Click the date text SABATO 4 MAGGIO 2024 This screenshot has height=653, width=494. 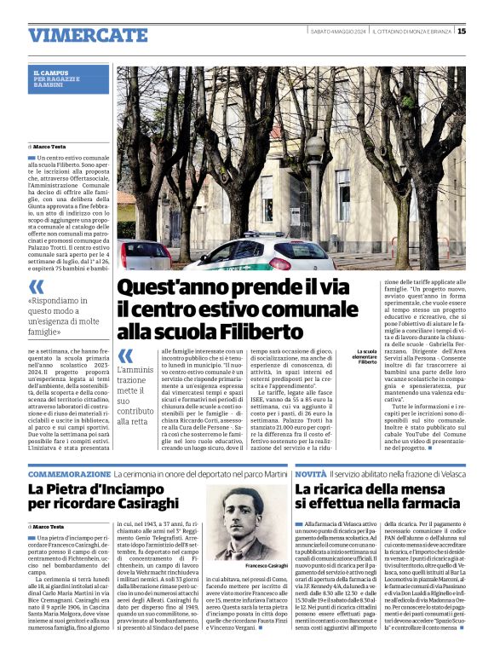pyautogui.click(x=339, y=32)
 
